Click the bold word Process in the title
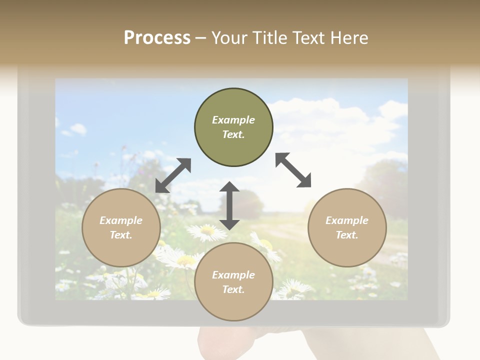coord(157,38)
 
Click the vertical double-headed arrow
coord(229,205)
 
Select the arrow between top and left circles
coord(173,175)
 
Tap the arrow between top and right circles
coord(293,170)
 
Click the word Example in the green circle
coord(233,120)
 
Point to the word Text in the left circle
coord(121,235)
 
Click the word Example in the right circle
coord(347,220)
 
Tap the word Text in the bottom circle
coord(233,289)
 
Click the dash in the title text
coord(200,38)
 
